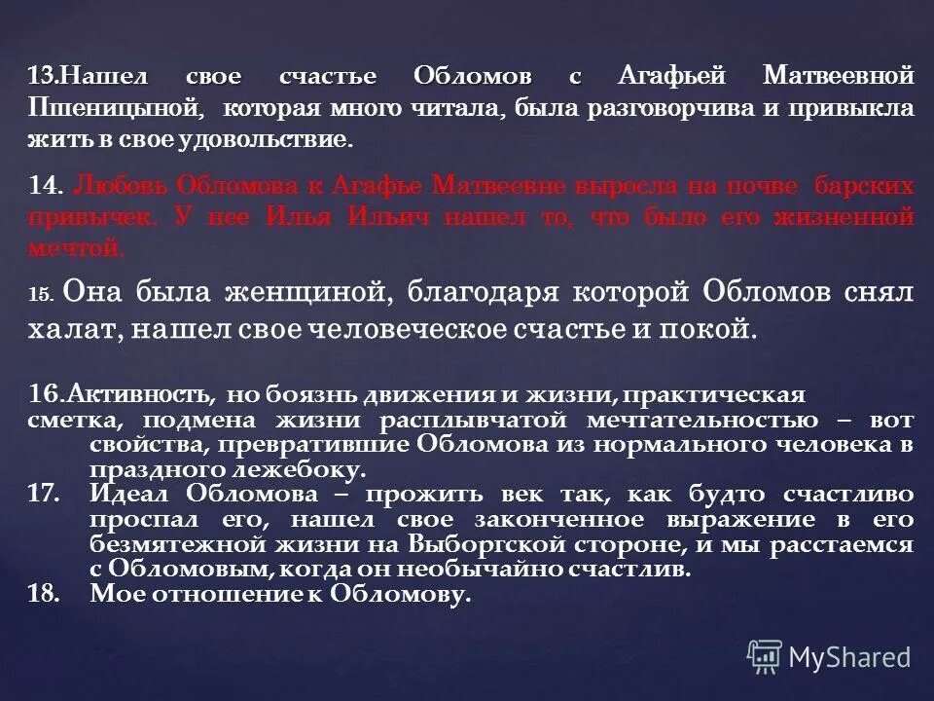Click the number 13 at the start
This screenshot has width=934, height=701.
pyautogui.click(x=39, y=76)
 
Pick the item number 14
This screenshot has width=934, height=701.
pyautogui.click(x=44, y=185)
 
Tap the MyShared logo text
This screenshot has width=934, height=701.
pyautogui.click(x=848, y=658)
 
